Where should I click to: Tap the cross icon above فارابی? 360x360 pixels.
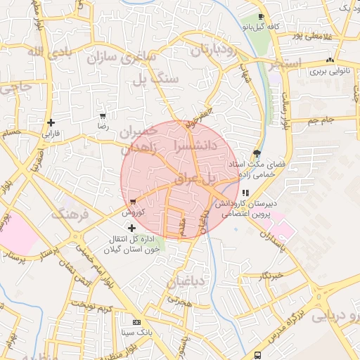click(x=51, y=122)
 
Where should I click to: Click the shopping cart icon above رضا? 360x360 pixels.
click(x=103, y=116)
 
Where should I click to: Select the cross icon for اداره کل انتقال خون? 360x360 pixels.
click(x=132, y=227)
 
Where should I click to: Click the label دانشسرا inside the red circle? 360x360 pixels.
click(x=192, y=146)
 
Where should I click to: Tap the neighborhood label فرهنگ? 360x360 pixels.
click(x=76, y=213)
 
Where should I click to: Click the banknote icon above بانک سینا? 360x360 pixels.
click(x=136, y=321)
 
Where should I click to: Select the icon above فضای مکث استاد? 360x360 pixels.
click(x=256, y=153)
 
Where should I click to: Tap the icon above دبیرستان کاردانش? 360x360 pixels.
click(x=245, y=192)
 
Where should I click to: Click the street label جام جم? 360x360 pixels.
click(x=321, y=121)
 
